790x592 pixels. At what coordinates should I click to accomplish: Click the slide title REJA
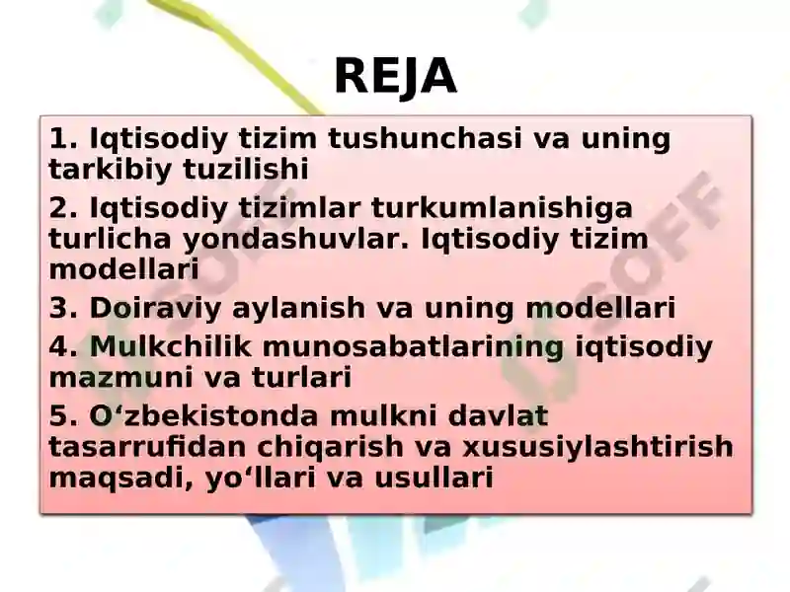pyautogui.click(x=396, y=77)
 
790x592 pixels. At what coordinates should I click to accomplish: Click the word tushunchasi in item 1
pyautogui.click(x=425, y=138)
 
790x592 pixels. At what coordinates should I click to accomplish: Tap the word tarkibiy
pyautogui.click(x=111, y=170)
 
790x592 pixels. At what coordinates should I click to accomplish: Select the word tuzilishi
pyautogui.click(x=245, y=169)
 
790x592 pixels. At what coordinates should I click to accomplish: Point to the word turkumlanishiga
pyautogui.click(x=502, y=209)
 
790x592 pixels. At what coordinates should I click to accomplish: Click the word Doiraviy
pyautogui.click(x=155, y=309)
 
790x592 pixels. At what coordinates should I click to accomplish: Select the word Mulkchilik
pyautogui.click(x=170, y=346)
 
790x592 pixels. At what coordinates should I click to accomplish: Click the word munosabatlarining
pyautogui.click(x=413, y=348)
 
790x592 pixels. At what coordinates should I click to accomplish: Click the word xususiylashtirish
pyautogui.click(x=598, y=448)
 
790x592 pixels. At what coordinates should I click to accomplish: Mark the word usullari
pyautogui.click(x=434, y=478)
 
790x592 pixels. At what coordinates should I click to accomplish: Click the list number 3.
pyautogui.click(x=63, y=308)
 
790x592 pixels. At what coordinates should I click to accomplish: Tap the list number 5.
pyautogui.click(x=63, y=416)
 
